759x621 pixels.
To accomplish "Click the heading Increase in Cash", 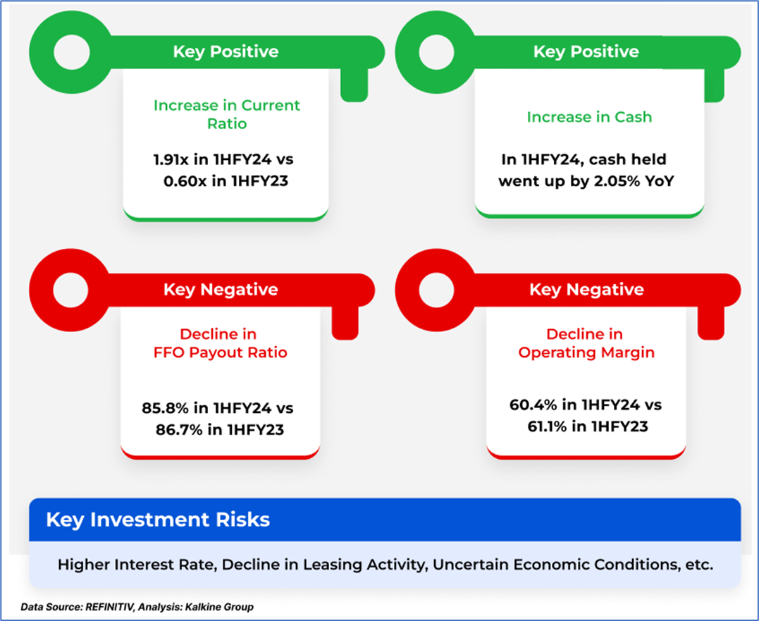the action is tap(589, 116).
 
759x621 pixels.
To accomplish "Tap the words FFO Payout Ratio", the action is tap(221, 352).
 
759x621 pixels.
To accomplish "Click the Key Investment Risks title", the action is tap(158, 519).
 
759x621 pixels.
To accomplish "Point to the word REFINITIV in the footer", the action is tap(109, 607).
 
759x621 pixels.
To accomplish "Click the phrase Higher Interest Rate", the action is tap(136, 565).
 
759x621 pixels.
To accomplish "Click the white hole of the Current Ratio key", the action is tap(72, 51).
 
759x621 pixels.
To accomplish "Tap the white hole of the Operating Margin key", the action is tap(436, 290).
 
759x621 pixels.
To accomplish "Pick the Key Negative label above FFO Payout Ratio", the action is tap(221, 290).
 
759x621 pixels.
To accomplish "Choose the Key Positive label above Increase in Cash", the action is tap(586, 51).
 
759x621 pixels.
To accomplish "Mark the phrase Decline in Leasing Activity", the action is tap(324, 565).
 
